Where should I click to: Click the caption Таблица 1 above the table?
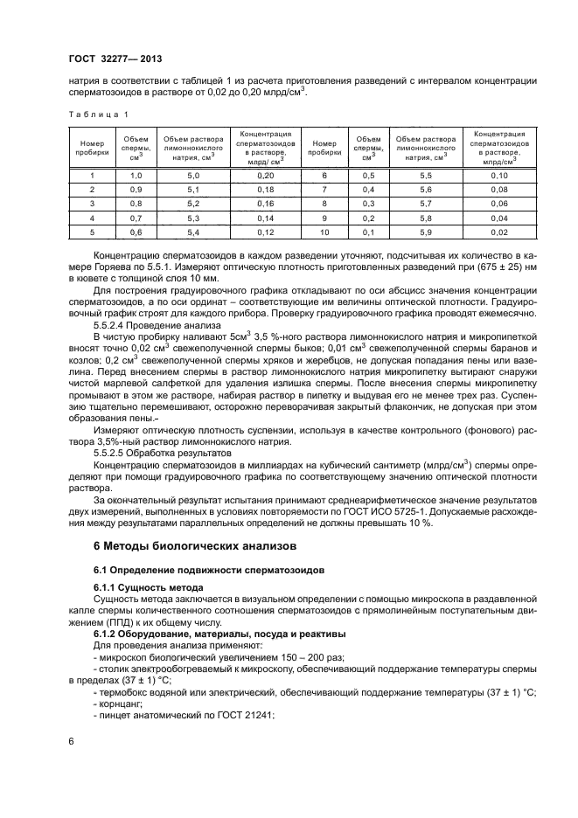(97, 114)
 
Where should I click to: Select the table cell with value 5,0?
(193, 176)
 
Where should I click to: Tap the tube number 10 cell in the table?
(324, 232)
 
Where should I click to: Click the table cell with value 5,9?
(426, 232)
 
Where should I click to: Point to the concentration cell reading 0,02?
(498, 232)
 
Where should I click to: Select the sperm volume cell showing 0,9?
(136, 190)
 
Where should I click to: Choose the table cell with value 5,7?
(426, 204)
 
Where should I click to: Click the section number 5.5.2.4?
(112, 324)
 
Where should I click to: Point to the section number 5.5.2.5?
(112, 454)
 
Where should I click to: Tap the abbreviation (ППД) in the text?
(110, 621)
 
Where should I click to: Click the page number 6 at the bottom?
(71, 741)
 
